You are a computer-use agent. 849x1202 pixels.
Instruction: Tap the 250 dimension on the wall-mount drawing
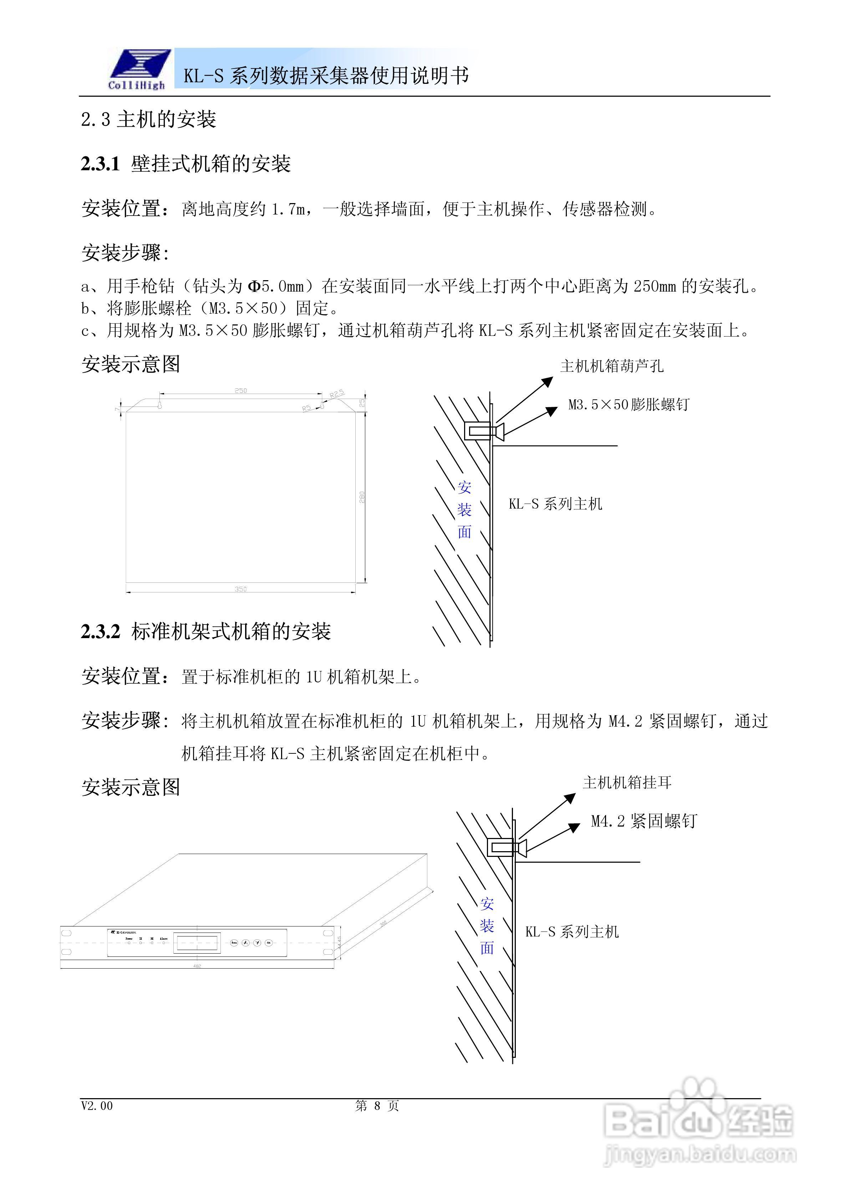(x=240, y=390)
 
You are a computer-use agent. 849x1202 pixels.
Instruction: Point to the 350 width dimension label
(x=240, y=589)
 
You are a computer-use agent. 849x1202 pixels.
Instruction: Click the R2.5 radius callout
(x=337, y=393)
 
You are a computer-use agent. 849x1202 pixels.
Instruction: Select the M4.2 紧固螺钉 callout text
(x=644, y=821)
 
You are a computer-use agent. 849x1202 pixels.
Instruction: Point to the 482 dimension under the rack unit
(x=197, y=965)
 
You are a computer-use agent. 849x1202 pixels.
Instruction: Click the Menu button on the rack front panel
(x=234, y=943)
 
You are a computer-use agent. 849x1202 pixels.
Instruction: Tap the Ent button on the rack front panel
(x=269, y=943)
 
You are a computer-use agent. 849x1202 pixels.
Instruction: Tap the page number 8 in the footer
(x=377, y=1106)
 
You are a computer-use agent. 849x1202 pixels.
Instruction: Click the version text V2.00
(x=97, y=1106)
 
